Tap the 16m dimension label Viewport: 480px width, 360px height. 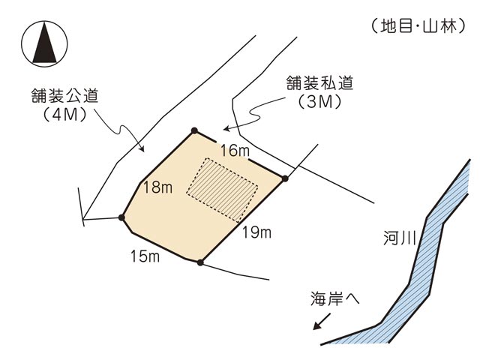[x=235, y=151]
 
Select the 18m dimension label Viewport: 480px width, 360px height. [x=157, y=187]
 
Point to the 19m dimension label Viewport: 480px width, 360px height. [x=256, y=232]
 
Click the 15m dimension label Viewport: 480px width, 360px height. [x=145, y=257]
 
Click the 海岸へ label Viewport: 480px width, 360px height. [x=335, y=298]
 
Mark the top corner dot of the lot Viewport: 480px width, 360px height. [x=195, y=130]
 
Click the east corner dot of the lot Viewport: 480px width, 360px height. [x=285, y=178]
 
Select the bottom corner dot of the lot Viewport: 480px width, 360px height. [x=199, y=262]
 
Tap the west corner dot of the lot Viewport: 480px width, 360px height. [x=122, y=218]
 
